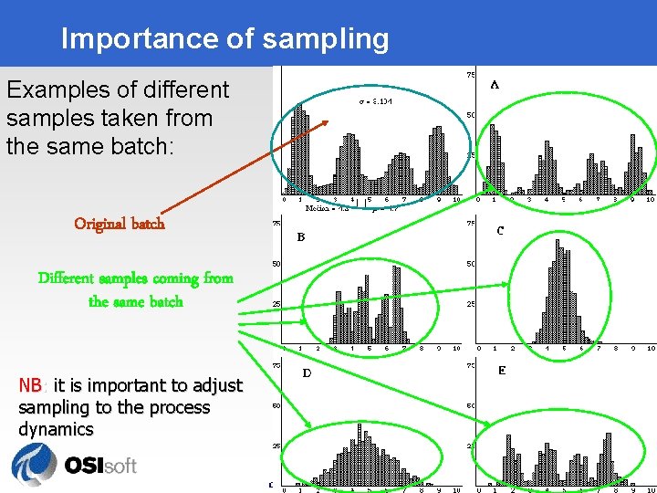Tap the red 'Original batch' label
[120, 224]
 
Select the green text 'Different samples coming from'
[135, 278]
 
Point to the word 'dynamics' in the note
[56, 429]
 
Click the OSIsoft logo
[74, 464]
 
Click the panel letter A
[495, 84]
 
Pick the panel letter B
[300, 237]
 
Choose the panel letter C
[500, 231]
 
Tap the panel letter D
[307, 373]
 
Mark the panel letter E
[502, 371]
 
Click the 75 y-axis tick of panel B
[276, 222]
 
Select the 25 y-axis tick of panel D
[276, 446]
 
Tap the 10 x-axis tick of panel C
[650, 348]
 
